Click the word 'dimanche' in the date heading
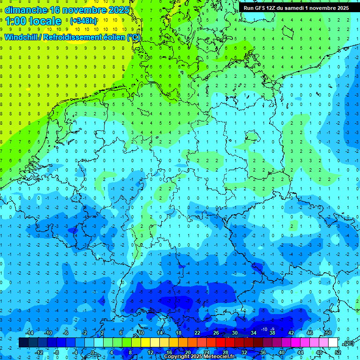click(x=25, y=9)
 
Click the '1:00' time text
click(x=16, y=21)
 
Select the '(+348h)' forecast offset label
click(x=83, y=21)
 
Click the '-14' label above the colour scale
click(x=29, y=333)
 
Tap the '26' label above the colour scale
click(x=216, y=333)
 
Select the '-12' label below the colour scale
click(x=39, y=352)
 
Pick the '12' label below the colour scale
click(x=150, y=352)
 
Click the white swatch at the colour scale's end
click(x=333, y=343)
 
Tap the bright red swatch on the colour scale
click(x=220, y=343)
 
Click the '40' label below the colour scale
click(x=282, y=352)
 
